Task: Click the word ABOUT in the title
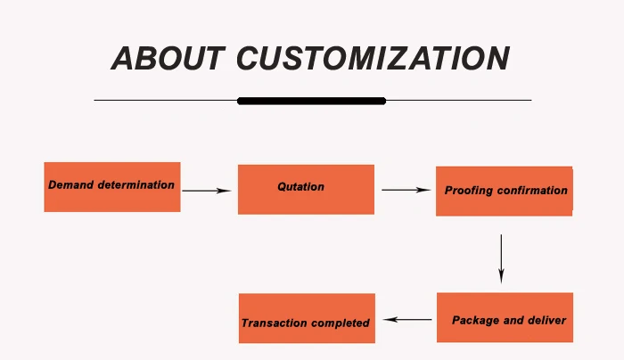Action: point(168,58)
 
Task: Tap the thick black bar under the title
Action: point(311,101)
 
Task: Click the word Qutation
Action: point(300,187)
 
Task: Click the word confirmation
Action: point(532,191)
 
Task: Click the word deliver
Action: point(547,320)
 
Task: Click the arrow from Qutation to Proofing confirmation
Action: point(406,190)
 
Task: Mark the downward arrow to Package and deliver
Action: point(501,258)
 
